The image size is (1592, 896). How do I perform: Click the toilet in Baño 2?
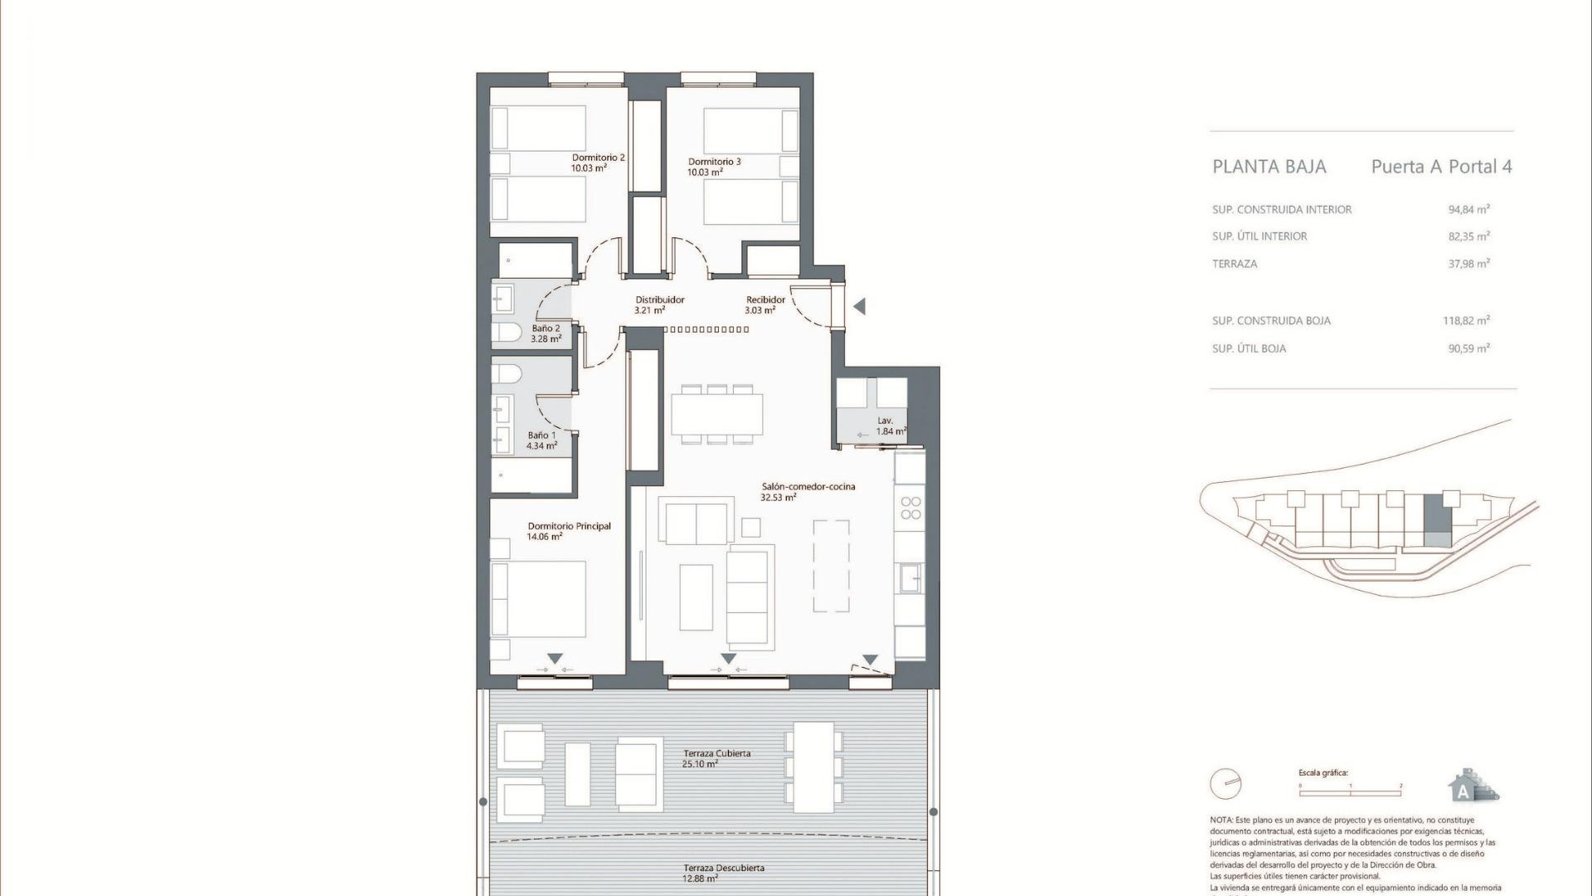click(x=507, y=333)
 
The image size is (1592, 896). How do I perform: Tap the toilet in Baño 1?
click(x=507, y=373)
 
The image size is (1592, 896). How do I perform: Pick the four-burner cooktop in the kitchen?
click(x=910, y=508)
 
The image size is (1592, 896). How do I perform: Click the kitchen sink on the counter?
click(x=910, y=577)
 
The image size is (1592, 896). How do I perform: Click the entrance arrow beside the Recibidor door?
click(x=860, y=306)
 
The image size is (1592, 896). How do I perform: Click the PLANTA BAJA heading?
click(x=1269, y=167)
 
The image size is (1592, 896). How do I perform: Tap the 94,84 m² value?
click(x=1468, y=210)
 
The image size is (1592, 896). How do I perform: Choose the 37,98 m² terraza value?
click(x=1468, y=264)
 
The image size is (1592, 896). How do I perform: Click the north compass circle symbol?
click(x=1225, y=783)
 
